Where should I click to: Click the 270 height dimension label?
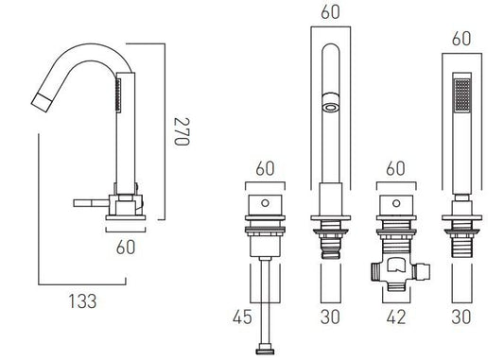click(182, 131)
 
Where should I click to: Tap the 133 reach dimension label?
click(82, 301)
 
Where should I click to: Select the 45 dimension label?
click(242, 317)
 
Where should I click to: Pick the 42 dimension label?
click(396, 317)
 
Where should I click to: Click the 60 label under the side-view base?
click(126, 247)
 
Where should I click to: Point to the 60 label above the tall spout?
click(330, 12)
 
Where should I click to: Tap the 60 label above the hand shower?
click(461, 39)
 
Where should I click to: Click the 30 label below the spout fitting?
click(330, 317)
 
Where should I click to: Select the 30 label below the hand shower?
click(461, 317)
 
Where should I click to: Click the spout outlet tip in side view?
click(40, 102)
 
